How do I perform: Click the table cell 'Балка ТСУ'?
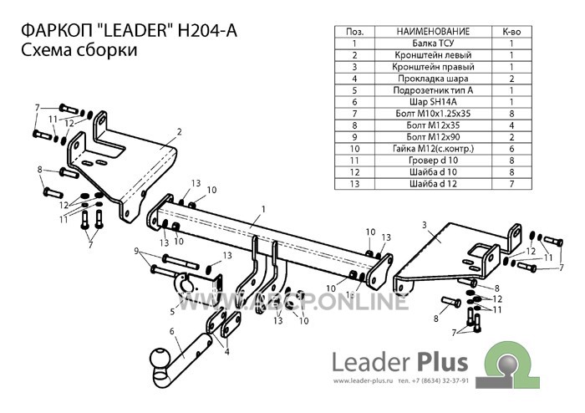click(x=433, y=43)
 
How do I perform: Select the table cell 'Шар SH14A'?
click(x=433, y=102)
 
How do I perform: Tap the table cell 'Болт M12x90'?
click(x=433, y=137)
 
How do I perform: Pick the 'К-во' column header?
click(x=511, y=32)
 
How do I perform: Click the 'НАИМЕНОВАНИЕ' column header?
click(x=433, y=32)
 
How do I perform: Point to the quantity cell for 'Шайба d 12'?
click(x=511, y=184)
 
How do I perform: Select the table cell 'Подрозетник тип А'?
click(x=433, y=90)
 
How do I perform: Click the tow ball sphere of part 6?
click(x=160, y=359)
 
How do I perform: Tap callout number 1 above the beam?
click(x=263, y=209)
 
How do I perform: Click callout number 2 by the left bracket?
click(x=180, y=132)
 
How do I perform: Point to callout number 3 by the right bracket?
click(x=425, y=225)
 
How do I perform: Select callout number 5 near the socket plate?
click(x=172, y=311)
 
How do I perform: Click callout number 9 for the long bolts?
click(x=136, y=251)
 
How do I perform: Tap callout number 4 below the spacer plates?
click(x=226, y=351)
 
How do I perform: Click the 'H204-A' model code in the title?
click(x=207, y=31)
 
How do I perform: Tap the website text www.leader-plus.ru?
click(x=364, y=381)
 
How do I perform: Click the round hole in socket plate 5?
click(x=185, y=287)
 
